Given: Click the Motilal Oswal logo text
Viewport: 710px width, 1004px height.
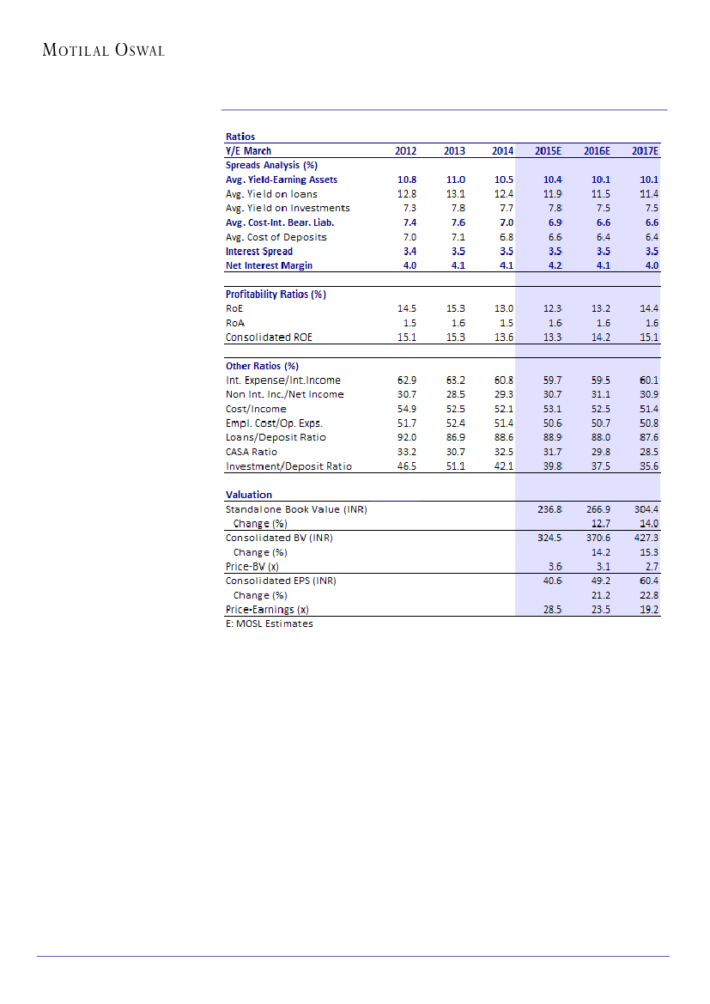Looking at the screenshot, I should click(x=104, y=50).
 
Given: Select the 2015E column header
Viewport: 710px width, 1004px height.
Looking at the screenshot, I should click(x=548, y=151).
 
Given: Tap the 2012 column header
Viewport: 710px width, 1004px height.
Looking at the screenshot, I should click(x=405, y=151).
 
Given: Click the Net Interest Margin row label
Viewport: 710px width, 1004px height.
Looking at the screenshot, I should click(x=269, y=265).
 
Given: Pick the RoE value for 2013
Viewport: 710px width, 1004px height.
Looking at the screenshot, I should click(x=454, y=308).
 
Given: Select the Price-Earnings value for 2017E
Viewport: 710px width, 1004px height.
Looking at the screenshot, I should click(x=646, y=610).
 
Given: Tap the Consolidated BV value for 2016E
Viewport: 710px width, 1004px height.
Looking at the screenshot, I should click(x=598, y=538).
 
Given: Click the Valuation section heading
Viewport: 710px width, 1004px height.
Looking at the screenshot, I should click(x=249, y=495).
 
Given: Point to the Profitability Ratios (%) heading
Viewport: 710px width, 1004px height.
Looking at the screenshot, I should click(x=276, y=295).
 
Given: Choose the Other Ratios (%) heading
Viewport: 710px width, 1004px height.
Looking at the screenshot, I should click(x=262, y=366).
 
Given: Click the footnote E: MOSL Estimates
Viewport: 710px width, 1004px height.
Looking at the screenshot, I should click(x=269, y=624).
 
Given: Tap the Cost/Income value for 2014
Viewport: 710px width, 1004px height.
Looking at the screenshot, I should click(x=503, y=409).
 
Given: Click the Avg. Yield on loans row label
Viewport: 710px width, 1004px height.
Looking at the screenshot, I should click(x=271, y=194).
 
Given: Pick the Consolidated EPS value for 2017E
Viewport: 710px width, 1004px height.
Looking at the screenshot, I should click(x=646, y=581).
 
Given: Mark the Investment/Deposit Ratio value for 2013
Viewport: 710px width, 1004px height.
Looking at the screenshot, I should click(x=454, y=466).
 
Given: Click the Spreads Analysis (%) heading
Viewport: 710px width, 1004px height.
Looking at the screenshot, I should click(x=271, y=165).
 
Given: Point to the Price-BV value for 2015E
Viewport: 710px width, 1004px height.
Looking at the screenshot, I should click(x=555, y=567).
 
